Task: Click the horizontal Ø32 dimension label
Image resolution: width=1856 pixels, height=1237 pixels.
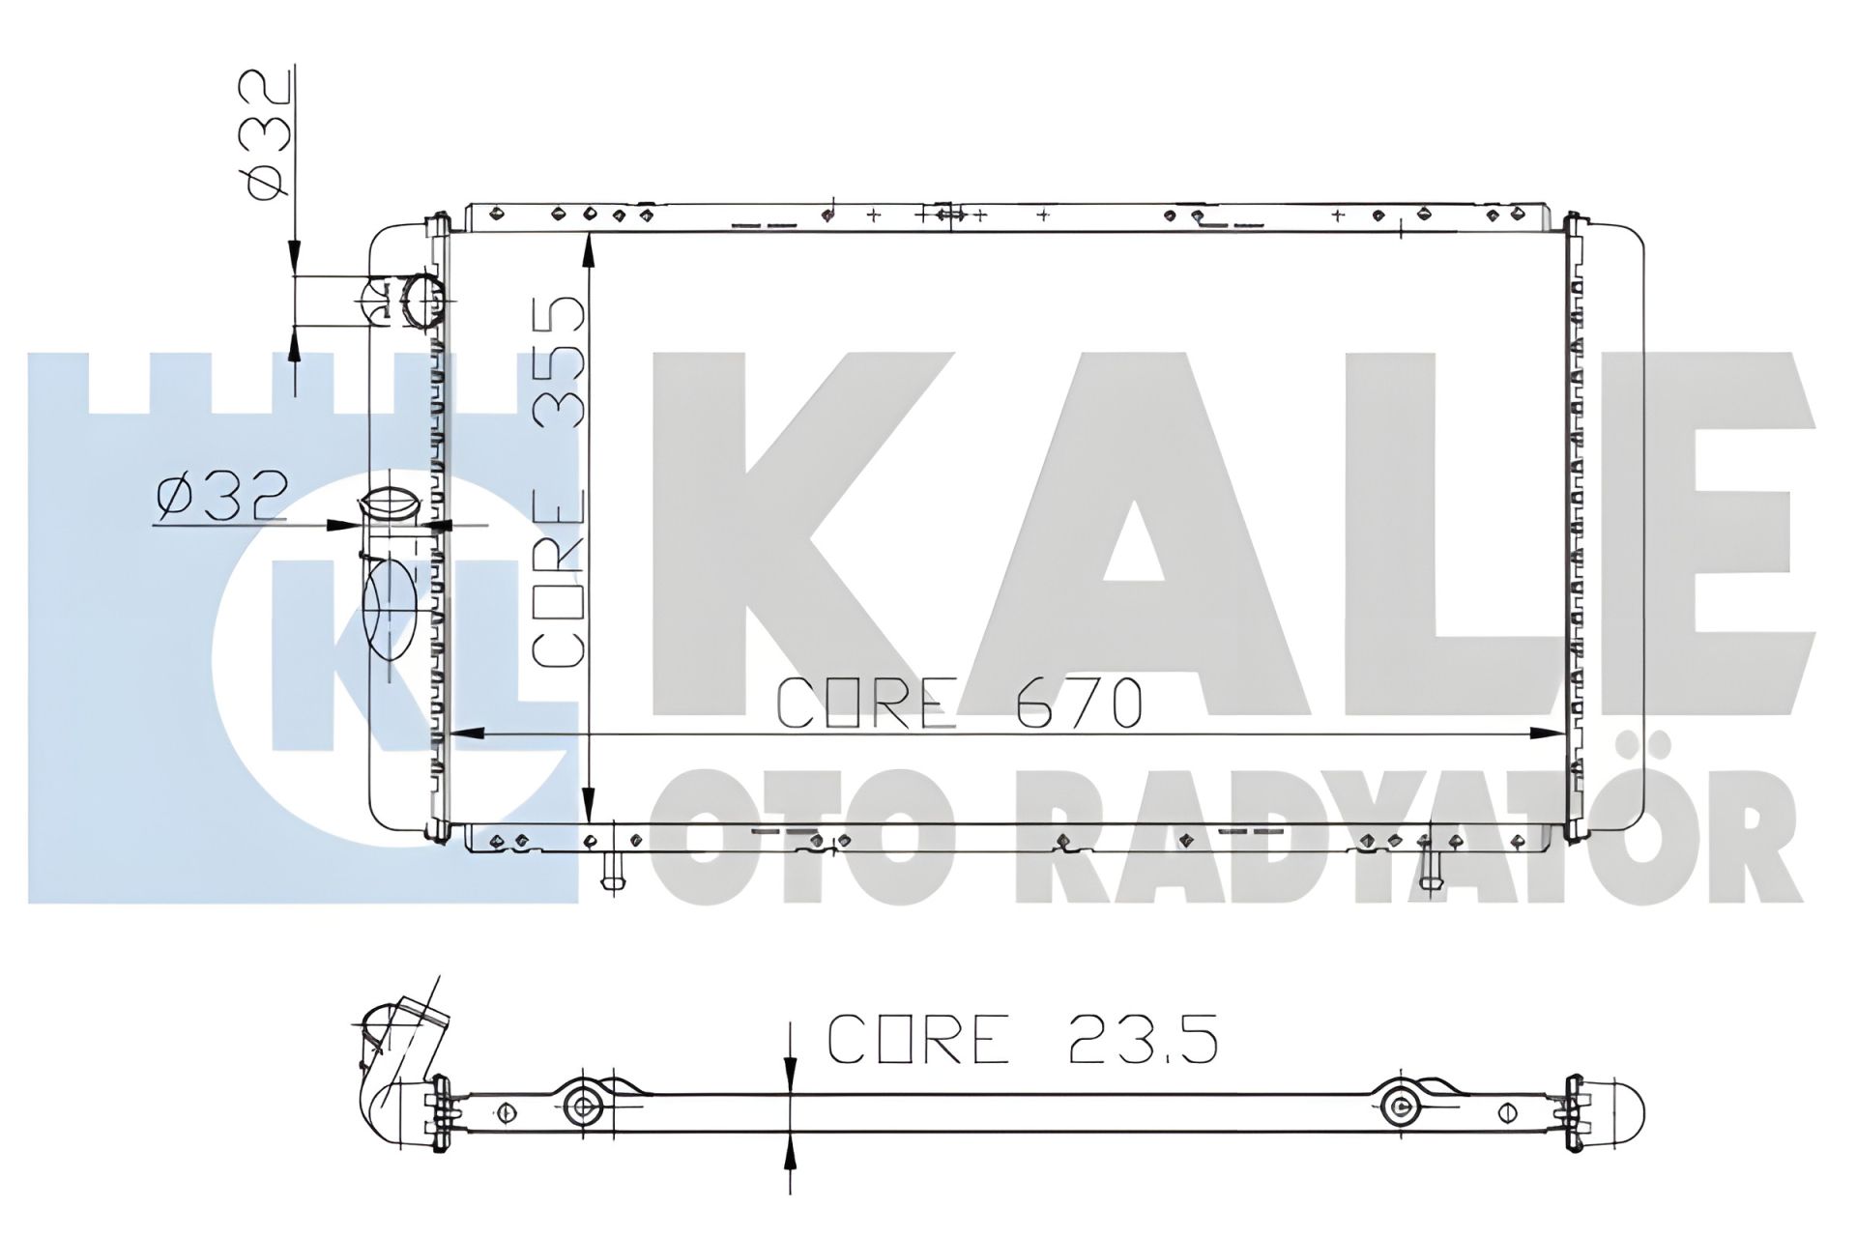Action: coord(220,498)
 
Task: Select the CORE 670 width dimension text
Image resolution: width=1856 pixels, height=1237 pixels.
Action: coord(960,702)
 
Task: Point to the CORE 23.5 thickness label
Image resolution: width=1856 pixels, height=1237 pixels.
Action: coord(1022,1038)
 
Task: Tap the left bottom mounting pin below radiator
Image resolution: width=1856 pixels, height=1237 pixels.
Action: coord(611,871)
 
